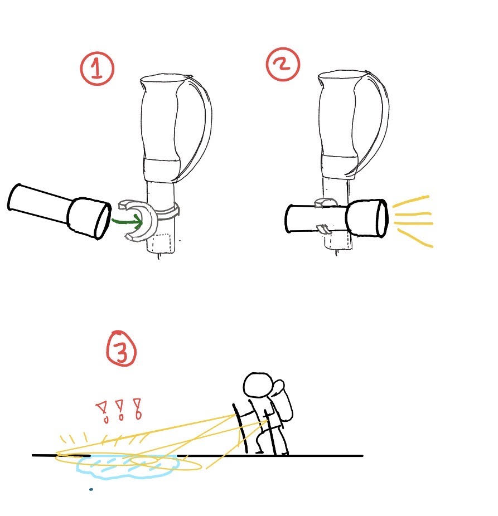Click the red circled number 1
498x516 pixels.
[x=97, y=69]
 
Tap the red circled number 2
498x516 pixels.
[x=283, y=64]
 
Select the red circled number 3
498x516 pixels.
[x=122, y=348]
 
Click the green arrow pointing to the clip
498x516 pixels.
[x=127, y=220]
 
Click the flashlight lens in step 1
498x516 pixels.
[x=103, y=220]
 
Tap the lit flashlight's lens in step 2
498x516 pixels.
[x=382, y=218]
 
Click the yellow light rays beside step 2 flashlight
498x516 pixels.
[x=413, y=221]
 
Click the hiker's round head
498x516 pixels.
[x=258, y=384]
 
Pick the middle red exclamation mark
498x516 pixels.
[x=120, y=410]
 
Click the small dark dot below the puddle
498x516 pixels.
[x=91, y=489]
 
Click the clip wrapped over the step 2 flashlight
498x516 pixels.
[x=326, y=203]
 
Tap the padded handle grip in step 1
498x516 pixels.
[x=161, y=128]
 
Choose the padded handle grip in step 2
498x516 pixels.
[x=339, y=124]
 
